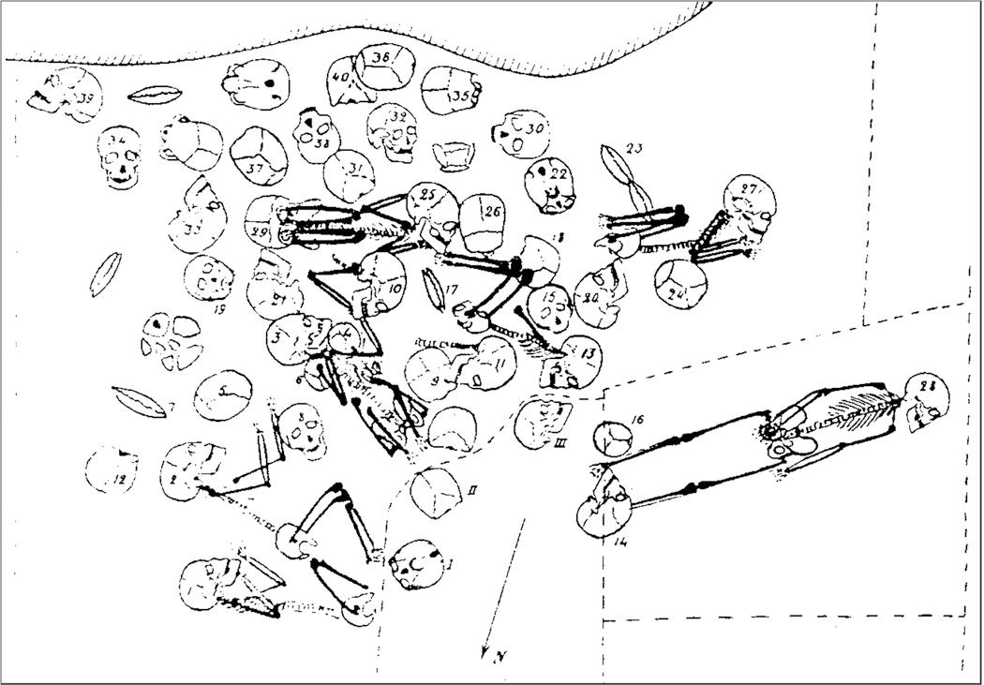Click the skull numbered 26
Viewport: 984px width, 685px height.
coord(485,219)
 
